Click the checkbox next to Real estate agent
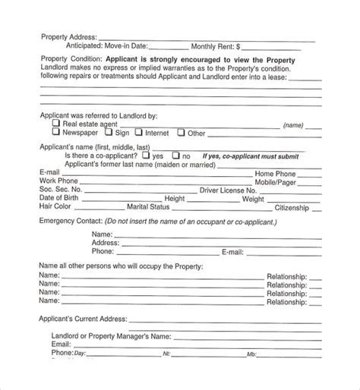(55, 123)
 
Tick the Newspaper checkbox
(55, 132)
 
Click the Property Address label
(67, 36)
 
